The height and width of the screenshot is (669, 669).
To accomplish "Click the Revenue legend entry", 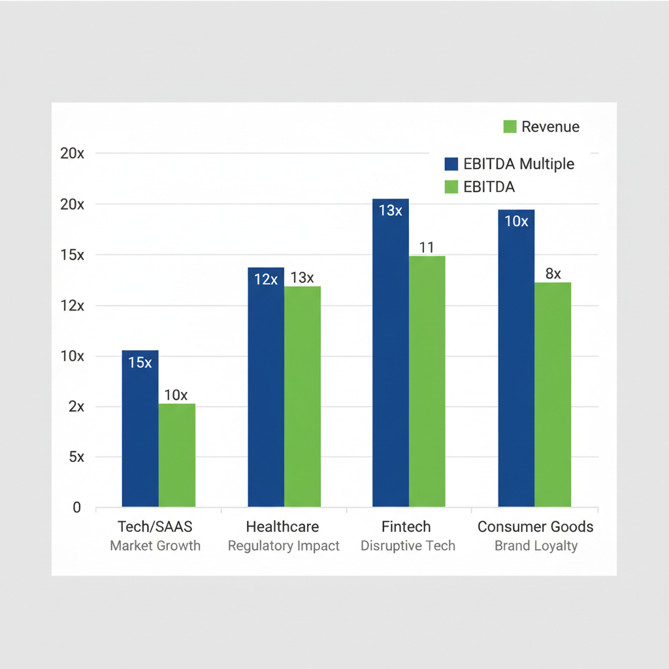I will click(542, 127).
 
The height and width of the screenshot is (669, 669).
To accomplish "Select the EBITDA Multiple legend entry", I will click(510, 164).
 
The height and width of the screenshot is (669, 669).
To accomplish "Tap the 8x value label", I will click(553, 274).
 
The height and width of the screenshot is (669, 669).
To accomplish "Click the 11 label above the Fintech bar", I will click(427, 248).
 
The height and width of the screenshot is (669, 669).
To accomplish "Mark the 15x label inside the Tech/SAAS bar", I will click(140, 363).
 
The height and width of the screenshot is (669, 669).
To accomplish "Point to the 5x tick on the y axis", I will click(76, 457).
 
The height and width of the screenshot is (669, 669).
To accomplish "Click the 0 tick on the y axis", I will click(77, 508).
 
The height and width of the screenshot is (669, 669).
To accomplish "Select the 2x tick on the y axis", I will click(76, 406).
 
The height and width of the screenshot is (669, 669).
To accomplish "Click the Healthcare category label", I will click(282, 527).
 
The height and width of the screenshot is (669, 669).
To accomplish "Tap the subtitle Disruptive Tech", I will click(408, 546).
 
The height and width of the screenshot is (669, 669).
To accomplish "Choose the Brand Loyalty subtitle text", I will click(536, 546).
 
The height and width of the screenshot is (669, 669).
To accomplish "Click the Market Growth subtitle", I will click(155, 546).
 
